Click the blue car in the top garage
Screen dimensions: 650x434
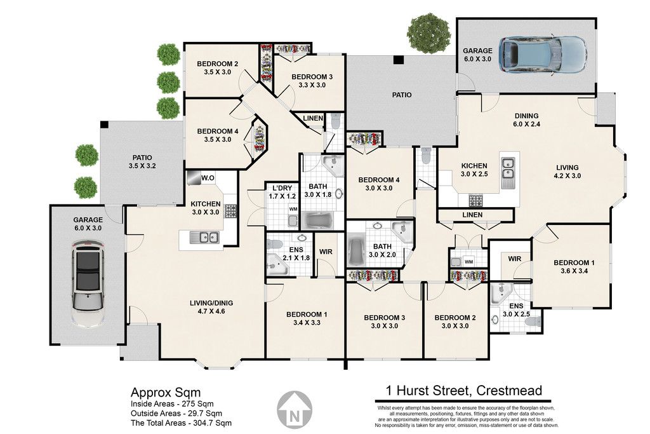point(543,55)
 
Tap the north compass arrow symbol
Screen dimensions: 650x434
point(295,409)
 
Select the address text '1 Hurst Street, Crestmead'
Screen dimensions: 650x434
point(464,390)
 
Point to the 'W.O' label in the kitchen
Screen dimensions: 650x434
point(208,179)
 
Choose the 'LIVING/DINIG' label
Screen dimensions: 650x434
point(211,303)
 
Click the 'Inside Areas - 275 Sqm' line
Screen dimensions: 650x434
point(172,403)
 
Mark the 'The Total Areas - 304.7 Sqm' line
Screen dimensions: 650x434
point(181,423)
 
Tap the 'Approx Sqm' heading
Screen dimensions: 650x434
point(166,393)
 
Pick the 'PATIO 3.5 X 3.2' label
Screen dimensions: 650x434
point(142,162)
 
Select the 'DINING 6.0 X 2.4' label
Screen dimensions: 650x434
point(526,120)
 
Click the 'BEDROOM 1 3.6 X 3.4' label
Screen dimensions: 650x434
point(574,267)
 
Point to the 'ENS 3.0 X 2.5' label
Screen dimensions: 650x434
point(516,310)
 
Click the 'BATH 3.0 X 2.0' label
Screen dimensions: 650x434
point(382,250)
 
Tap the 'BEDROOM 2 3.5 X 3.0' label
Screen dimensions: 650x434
point(217,68)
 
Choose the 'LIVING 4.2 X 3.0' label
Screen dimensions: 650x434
point(567,172)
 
